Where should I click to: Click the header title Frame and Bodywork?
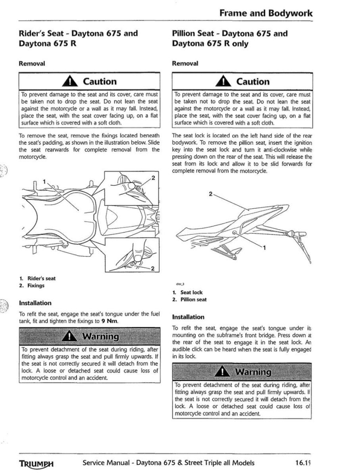click(x=266, y=13)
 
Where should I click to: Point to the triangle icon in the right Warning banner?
click(x=223, y=372)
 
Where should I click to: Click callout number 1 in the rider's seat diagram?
click(x=45, y=181)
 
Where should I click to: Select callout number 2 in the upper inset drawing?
click(x=153, y=177)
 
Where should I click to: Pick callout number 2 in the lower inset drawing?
click(x=153, y=270)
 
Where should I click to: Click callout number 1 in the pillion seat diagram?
click(x=265, y=248)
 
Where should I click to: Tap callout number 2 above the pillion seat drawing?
click(x=210, y=194)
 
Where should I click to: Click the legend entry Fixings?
click(x=36, y=285)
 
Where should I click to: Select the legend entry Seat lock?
click(x=191, y=292)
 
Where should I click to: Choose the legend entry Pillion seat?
click(x=193, y=299)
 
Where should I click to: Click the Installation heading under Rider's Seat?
click(x=35, y=303)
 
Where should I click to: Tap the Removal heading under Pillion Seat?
click(x=185, y=63)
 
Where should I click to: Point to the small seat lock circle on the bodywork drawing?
click(x=235, y=233)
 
